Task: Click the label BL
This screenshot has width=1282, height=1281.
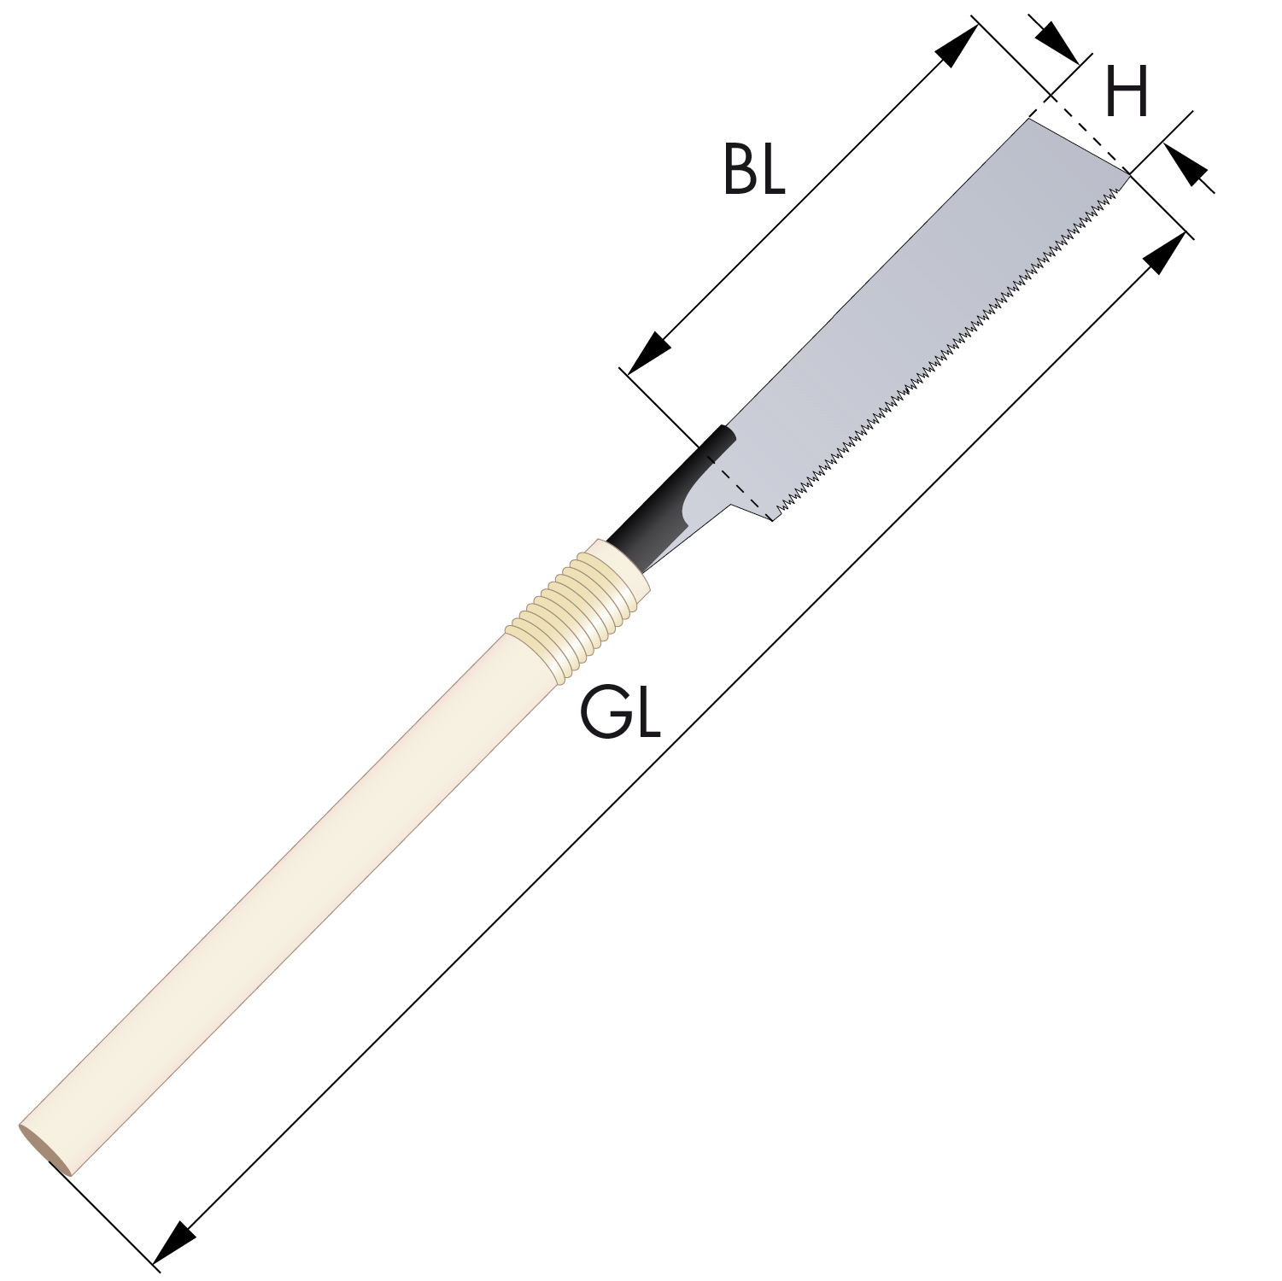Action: [x=753, y=169]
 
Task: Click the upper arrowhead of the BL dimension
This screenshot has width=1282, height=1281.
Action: [x=957, y=45]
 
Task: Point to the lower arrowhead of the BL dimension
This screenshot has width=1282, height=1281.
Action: [x=650, y=352]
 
